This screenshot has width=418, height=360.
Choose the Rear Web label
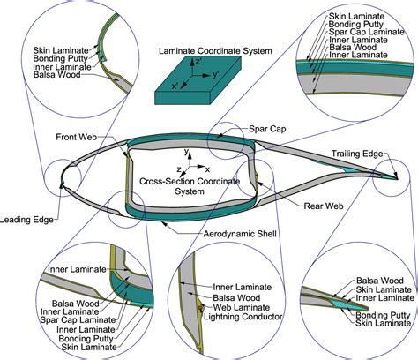(x=294, y=207)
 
